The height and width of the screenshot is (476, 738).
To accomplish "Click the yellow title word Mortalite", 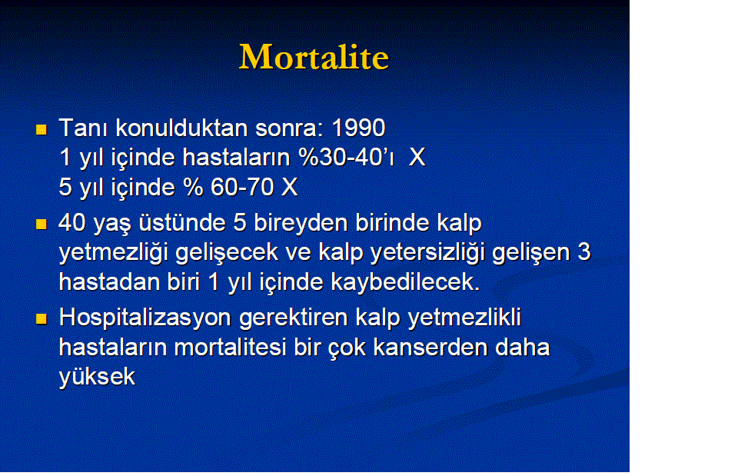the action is coord(314,57).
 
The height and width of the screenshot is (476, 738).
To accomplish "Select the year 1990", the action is coord(359,128).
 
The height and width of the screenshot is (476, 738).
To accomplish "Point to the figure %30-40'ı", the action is coord(347,157).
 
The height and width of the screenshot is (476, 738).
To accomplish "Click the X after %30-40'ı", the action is coord(417,157).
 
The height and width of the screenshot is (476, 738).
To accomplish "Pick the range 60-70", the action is coord(242,187).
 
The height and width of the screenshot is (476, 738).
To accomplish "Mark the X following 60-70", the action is coord(290,187).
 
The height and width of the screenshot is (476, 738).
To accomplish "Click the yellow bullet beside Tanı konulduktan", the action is coord(42,129).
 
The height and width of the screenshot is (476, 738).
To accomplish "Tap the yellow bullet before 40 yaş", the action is coord(42,224).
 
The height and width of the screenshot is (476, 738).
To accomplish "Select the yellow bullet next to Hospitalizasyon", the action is coord(42,319).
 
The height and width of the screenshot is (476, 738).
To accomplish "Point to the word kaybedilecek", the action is coord(406,282).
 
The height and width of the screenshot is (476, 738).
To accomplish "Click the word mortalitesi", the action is coord(230,348).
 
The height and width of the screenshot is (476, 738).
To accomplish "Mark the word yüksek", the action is coord(98,377).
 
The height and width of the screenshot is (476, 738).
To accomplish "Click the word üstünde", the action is coord(182,223).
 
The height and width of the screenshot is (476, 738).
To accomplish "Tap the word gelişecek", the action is coord(227,253).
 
